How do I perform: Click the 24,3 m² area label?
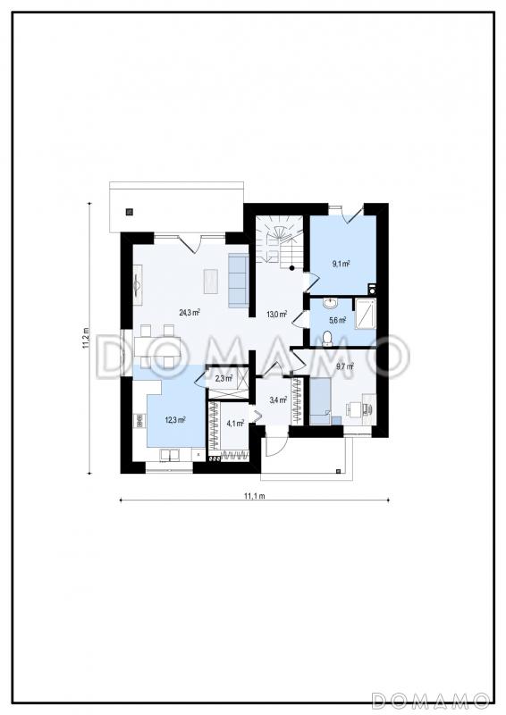(x=190, y=312)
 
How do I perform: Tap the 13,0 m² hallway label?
(x=276, y=314)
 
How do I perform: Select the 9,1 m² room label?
(x=341, y=263)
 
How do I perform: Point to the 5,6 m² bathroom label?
(x=338, y=320)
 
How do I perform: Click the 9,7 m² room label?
(x=345, y=366)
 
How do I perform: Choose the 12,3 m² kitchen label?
(x=175, y=420)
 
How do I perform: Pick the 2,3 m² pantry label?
(x=223, y=378)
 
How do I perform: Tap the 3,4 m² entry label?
(x=278, y=400)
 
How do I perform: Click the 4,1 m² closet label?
(x=235, y=423)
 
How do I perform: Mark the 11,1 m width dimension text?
(x=255, y=496)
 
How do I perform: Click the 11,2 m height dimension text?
(x=85, y=338)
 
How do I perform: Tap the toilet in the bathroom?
(x=327, y=338)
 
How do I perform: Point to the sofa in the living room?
(x=238, y=281)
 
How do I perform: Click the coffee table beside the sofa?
(x=211, y=281)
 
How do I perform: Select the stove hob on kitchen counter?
(x=139, y=420)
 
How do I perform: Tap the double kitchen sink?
(x=170, y=455)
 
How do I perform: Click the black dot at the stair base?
(x=291, y=268)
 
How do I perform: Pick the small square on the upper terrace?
(x=130, y=212)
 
